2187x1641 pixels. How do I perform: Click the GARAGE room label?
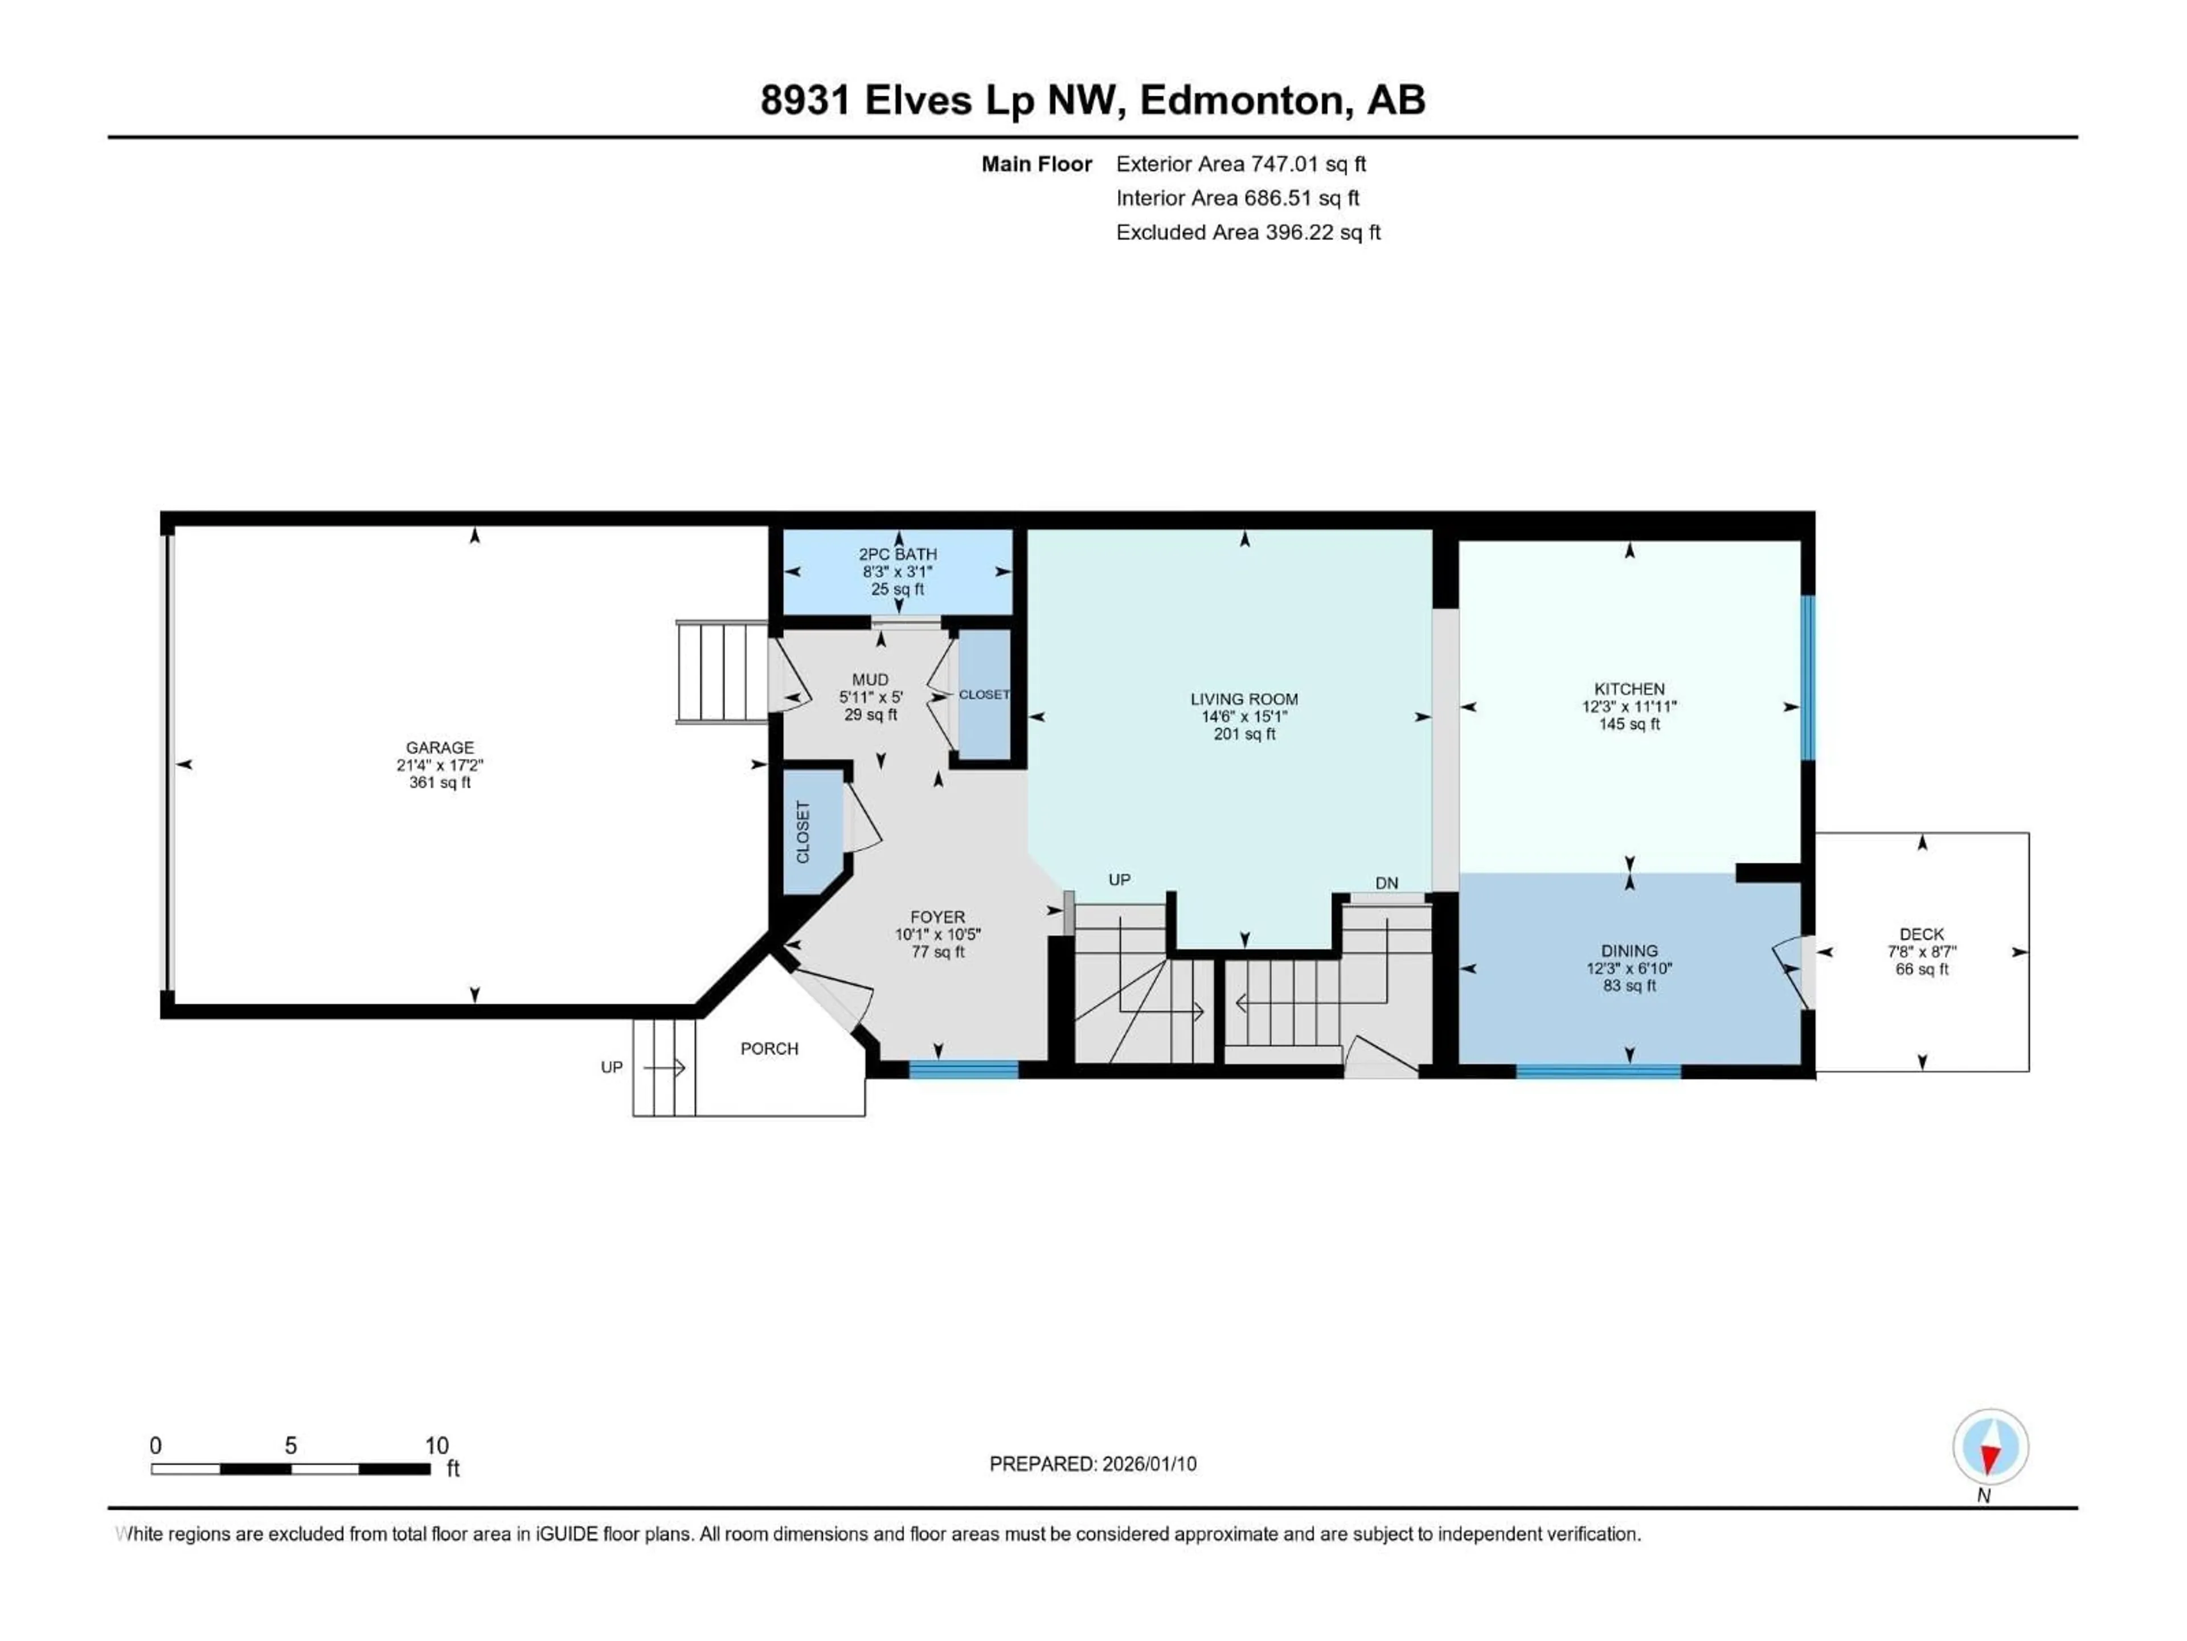[x=440, y=748]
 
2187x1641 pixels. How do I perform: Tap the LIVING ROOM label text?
[x=1244, y=699]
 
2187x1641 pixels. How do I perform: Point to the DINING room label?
[x=1628, y=950]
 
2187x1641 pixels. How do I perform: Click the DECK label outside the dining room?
[x=1921, y=934]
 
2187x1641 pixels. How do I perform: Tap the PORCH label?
[x=769, y=1048]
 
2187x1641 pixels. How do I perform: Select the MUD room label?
[x=870, y=680]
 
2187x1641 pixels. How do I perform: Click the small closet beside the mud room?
[x=984, y=695]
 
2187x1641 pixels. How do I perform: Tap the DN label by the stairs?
[x=1386, y=882]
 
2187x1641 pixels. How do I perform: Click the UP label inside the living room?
[x=1119, y=879]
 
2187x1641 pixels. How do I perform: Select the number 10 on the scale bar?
[x=436, y=1445]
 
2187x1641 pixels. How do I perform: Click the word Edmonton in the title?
[x=1245, y=100]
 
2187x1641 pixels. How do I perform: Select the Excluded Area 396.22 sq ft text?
[x=1248, y=232]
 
